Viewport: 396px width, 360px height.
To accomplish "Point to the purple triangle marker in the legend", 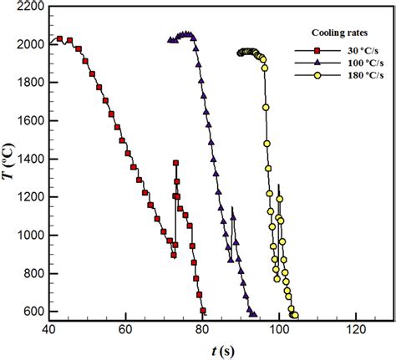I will pyautogui.click(x=317, y=63).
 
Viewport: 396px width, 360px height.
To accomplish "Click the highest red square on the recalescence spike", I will pyautogui.click(x=175, y=163).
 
